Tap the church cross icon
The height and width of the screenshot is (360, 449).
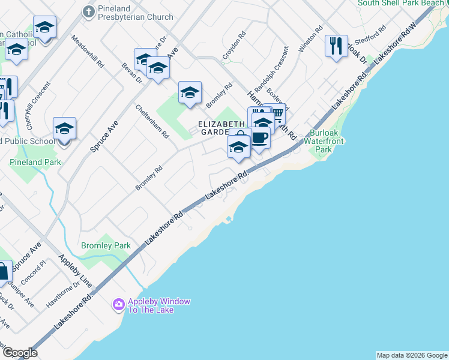point(89,11)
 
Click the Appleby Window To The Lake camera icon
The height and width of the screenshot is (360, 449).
point(118,305)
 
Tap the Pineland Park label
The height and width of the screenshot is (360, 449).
point(35,162)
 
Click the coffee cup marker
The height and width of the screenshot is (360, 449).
point(259,138)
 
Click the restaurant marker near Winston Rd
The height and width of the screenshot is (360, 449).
point(336,46)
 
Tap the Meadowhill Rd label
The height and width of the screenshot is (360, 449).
point(88,51)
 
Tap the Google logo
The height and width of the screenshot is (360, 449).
point(20,353)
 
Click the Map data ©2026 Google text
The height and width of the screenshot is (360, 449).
point(411,355)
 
